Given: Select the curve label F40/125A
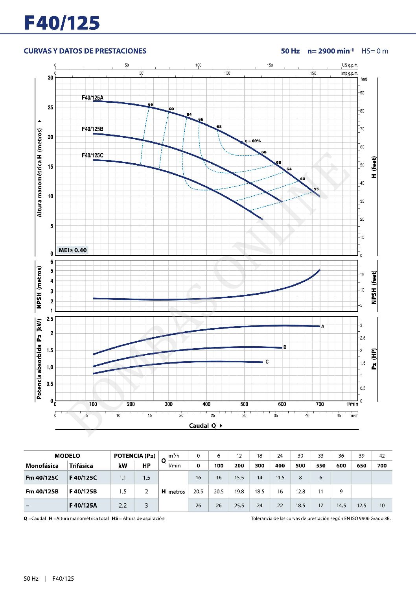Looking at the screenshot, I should [92, 98].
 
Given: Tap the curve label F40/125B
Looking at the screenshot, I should [92, 129].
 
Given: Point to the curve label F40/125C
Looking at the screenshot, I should [92, 155].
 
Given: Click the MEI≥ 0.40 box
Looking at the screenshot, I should [72, 250].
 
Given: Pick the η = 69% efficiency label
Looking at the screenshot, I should [252, 141].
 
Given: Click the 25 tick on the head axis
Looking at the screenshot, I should [50, 107].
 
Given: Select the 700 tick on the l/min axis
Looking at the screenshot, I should [320, 404].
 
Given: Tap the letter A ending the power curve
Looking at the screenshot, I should [323, 327].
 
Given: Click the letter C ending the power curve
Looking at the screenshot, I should [267, 362].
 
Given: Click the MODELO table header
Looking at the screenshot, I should [67, 456].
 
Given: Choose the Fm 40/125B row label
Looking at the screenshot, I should [42, 491].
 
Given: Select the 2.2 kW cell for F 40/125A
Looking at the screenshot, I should [123, 505].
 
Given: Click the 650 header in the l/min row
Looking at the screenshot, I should [361, 466].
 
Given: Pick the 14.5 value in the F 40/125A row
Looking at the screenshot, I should [341, 505].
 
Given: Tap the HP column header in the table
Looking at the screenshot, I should [146, 466].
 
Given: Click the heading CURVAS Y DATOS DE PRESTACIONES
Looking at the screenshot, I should [85, 51].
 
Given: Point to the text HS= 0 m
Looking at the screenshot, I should [375, 51].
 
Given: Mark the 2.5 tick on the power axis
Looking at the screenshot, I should [50, 319].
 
